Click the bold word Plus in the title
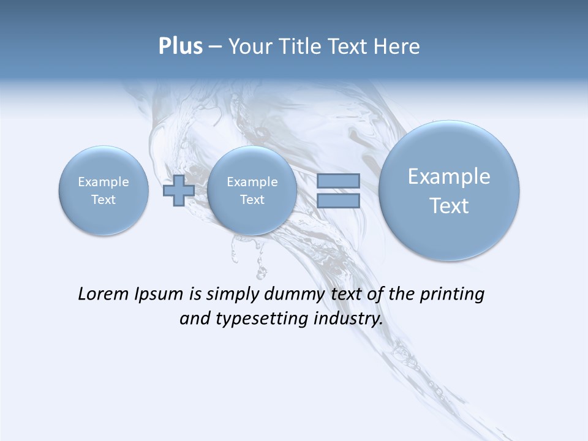(180, 47)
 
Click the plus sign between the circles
(178, 190)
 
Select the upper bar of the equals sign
(338, 181)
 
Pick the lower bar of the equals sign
(338, 200)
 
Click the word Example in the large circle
(449, 176)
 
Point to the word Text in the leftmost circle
(103, 199)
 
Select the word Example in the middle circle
(252, 182)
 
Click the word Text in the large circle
(449, 206)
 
